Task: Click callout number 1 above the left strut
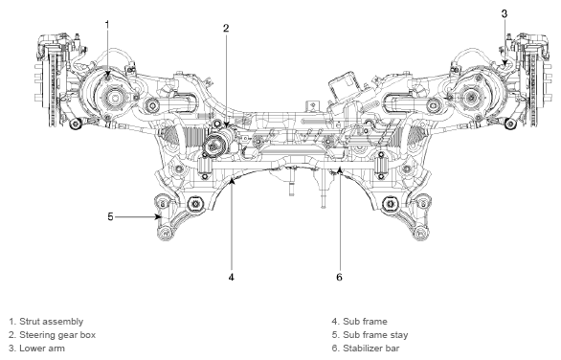(107, 24)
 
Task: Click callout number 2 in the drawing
(226, 28)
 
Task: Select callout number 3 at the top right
(505, 13)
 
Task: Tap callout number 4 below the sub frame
(231, 277)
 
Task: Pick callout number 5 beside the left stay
(110, 216)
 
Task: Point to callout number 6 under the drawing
(339, 277)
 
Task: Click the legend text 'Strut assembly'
(51, 322)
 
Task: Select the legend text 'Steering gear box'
(57, 335)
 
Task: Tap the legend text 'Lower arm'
(42, 349)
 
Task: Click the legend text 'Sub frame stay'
(375, 335)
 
